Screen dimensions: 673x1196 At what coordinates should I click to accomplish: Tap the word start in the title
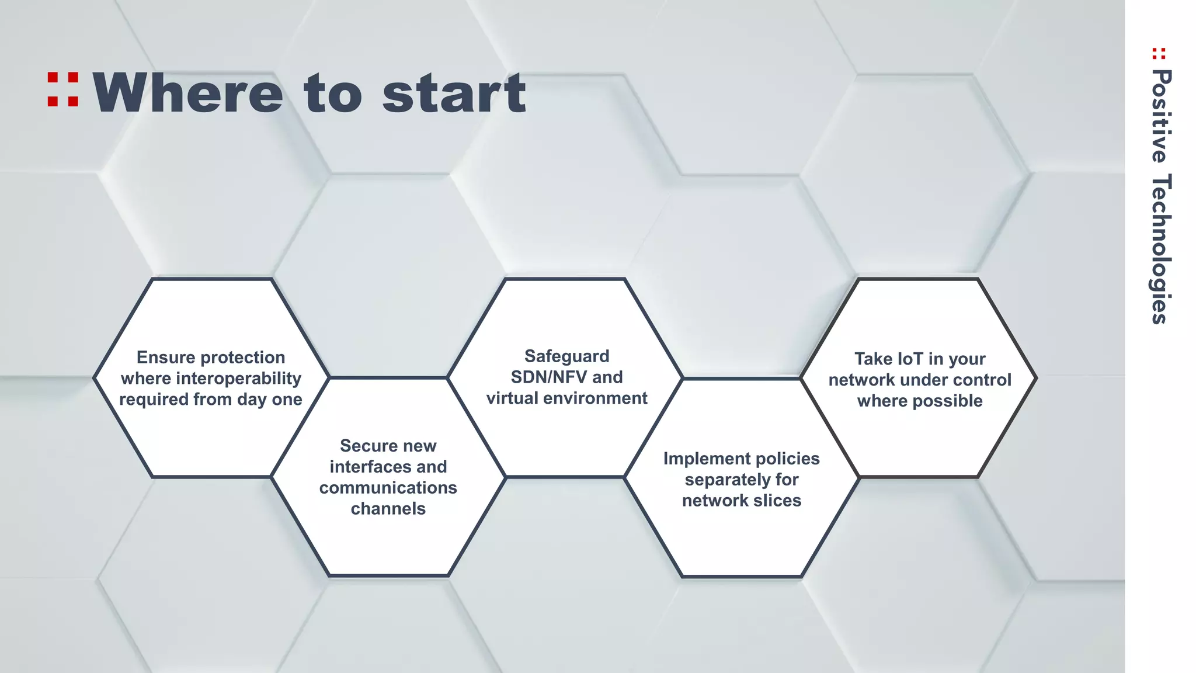(x=454, y=93)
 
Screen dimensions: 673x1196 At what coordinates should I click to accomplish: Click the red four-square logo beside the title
(x=63, y=89)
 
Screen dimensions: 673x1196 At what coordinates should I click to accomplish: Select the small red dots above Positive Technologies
(x=1159, y=54)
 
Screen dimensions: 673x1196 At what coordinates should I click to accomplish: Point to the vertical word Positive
(x=1161, y=116)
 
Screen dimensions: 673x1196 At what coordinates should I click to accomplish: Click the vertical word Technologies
(x=1161, y=249)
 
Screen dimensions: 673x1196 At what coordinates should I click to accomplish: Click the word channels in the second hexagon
(x=388, y=509)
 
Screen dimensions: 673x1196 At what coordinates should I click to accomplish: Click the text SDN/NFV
(x=548, y=377)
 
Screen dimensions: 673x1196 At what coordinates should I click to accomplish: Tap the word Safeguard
(x=566, y=356)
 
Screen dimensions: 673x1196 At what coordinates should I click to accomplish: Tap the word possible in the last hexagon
(x=947, y=401)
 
